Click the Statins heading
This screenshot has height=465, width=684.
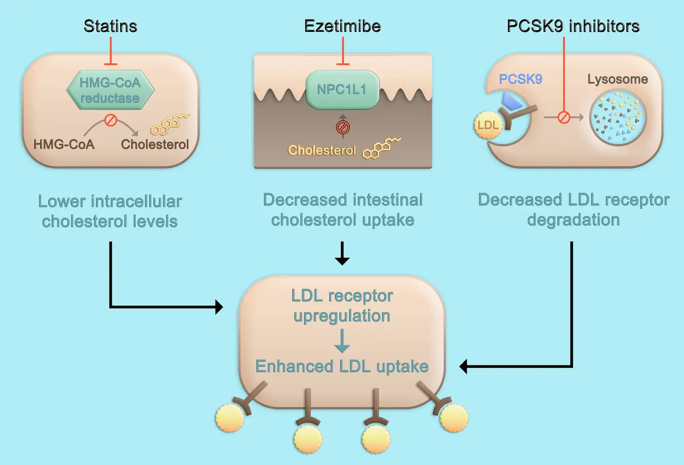110,26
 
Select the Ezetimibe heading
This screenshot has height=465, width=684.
342,26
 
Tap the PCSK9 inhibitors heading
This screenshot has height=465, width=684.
573,26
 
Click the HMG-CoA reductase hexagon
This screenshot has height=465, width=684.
110,90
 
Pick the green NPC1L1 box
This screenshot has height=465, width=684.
342,89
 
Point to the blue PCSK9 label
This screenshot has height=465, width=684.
520,79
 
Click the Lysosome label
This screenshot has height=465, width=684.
617,79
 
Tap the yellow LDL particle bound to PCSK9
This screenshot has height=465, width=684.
488,125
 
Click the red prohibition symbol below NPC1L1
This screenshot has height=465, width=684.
343,127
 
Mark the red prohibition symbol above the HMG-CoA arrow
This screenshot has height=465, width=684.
111,120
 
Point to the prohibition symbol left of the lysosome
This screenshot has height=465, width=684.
564,117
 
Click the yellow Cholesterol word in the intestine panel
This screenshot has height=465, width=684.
322,150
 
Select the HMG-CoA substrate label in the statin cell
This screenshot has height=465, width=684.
64,144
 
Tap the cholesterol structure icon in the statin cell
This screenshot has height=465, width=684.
169,125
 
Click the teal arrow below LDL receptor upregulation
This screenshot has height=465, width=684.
342,341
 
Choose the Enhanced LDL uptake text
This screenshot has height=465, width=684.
342,366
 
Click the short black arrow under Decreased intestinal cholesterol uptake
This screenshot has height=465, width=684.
342,253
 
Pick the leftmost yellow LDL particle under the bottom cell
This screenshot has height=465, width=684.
230,418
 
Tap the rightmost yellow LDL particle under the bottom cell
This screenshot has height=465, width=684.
454,418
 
